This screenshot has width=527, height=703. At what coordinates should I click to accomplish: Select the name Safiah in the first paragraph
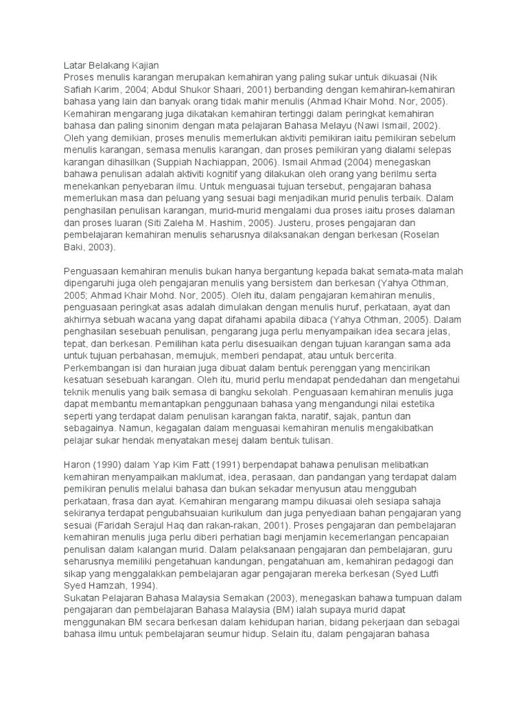[78, 90]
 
